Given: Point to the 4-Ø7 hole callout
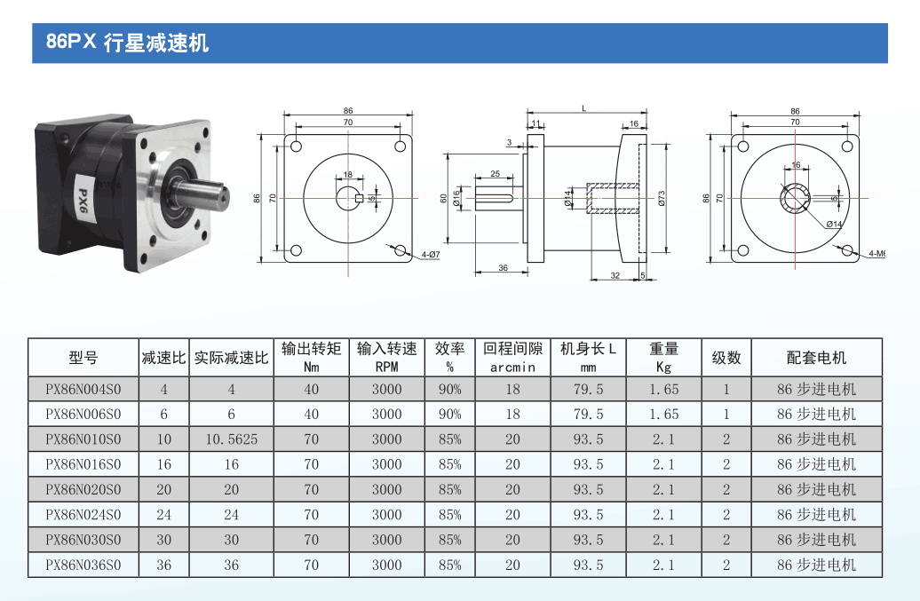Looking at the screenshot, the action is point(430,255).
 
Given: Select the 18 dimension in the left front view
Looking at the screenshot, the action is point(348,174).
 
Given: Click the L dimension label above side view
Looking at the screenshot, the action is point(583,108).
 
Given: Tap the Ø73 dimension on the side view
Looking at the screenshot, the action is point(662,198).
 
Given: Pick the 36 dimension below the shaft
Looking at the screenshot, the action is point(503,267).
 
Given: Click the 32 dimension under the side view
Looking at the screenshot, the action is point(615,275).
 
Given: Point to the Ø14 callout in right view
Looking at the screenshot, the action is point(834,224).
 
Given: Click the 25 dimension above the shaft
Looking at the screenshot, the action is point(496,174).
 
